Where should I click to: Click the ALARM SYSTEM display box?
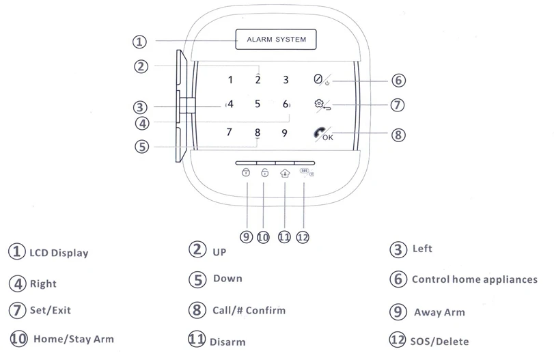pos(276,40)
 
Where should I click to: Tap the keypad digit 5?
pos(258,105)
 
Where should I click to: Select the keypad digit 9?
pos(284,133)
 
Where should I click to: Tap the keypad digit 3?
pos(286,80)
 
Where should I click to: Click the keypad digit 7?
pos(230,133)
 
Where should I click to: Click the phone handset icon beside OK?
pos(319,133)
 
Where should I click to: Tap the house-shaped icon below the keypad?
pos(285,174)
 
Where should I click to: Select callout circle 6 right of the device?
pos(398,80)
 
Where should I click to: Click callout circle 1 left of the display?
pos(139,42)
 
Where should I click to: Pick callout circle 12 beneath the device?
pos(303,237)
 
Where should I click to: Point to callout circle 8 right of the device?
pos(398,135)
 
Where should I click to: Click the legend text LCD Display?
pos(59,253)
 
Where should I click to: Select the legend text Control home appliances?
pos(474,279)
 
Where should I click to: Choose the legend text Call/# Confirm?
pos(249,310)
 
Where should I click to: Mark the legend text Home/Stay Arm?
pos(73,339)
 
